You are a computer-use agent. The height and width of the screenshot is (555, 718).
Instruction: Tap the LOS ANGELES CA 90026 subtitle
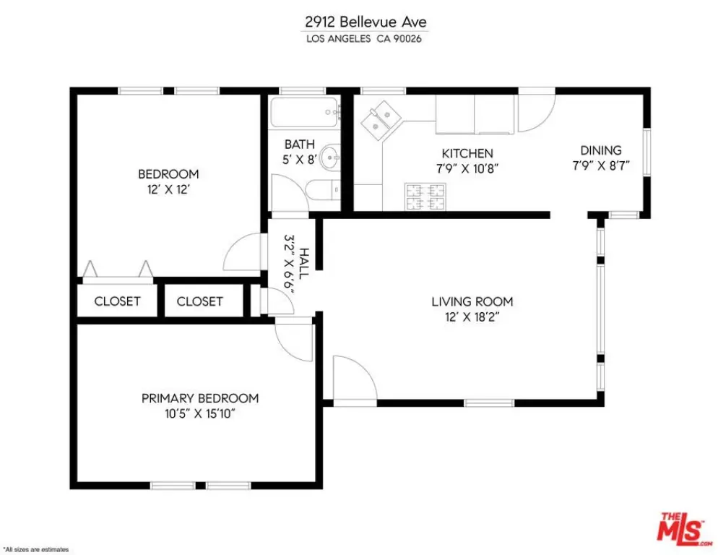point(365,39)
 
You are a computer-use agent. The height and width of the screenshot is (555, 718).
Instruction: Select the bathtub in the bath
point(304,113)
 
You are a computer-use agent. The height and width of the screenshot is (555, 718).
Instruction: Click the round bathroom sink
point(330,156)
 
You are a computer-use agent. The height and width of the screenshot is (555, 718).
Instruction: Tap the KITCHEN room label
point(467,153)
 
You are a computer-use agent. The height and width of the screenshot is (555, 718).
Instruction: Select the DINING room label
point(601,150)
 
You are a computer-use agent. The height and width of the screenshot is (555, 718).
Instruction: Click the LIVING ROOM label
point(472,301)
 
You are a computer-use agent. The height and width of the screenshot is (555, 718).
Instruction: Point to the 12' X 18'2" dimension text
point(472,317)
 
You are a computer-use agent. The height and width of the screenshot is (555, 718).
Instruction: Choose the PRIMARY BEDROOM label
point(199,398)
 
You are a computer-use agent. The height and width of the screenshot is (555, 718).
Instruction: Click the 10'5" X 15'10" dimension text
point(199,413)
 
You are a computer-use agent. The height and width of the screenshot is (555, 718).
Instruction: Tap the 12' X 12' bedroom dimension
point(168,189)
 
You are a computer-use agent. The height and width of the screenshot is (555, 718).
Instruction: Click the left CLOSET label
point(117,301)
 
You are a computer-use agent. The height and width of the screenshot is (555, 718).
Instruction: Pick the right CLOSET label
point(199,301)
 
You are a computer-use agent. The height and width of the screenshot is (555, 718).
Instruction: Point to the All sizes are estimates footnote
point(36,549)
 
